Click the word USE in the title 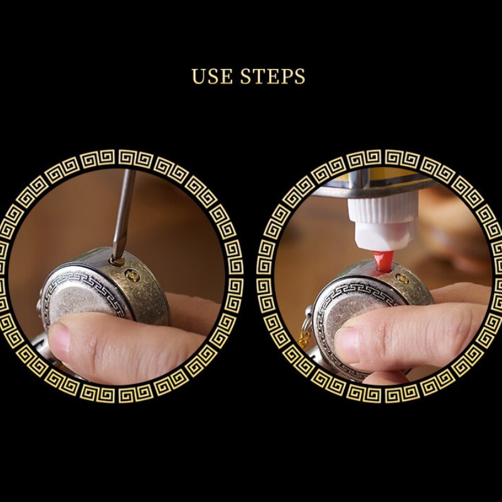pos(212,76)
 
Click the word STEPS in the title pos(272,76)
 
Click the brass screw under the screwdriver pos(117,262)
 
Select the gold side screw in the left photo pos(132,275)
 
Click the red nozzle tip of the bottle pos(383,260)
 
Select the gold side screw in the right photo pos(402,278)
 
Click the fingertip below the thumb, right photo pos(386,378)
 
